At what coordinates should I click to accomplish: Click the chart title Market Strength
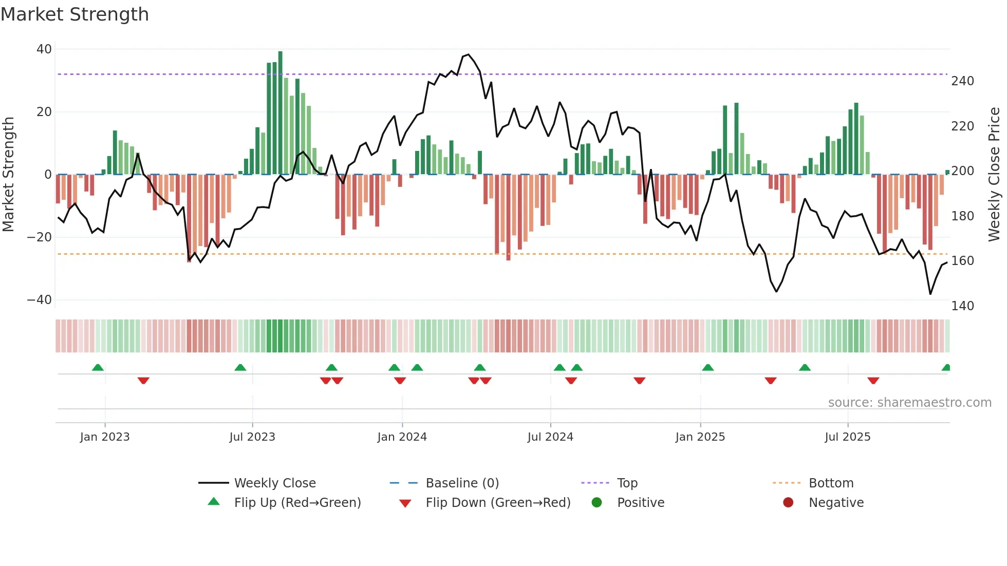[x=74, y=14]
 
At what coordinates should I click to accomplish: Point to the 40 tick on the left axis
[x=44, y=49]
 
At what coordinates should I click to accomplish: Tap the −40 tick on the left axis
[x=40, y=300]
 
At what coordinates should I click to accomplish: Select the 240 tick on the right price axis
[x=962, y=81]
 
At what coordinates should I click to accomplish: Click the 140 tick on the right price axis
[x=962, y=306]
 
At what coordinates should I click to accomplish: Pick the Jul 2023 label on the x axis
[x=252, y=437]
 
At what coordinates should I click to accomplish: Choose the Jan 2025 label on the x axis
[x=700, y=437]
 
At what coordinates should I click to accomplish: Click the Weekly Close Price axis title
[x=994, y=175]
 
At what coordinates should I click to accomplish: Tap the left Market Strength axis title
[x=9, y=175]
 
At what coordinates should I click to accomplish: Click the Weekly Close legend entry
[x=275, y=483]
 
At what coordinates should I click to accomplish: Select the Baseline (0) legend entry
[x=462, y=483]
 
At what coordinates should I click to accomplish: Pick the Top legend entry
[x=627, y=483]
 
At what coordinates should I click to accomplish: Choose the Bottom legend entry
[x=831, y=483]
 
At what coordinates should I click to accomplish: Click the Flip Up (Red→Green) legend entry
[x=297, y=503]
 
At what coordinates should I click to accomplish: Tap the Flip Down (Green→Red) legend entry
[x=498, y=503]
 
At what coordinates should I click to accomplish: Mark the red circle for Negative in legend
[x=788, y=502]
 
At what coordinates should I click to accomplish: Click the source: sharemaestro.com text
[x=909, y=403]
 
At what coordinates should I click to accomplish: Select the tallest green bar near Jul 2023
[x=280, y=113]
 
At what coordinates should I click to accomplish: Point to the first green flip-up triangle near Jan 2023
[x=98, y=367]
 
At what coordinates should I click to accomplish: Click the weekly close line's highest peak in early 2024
[x=468, y=54]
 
